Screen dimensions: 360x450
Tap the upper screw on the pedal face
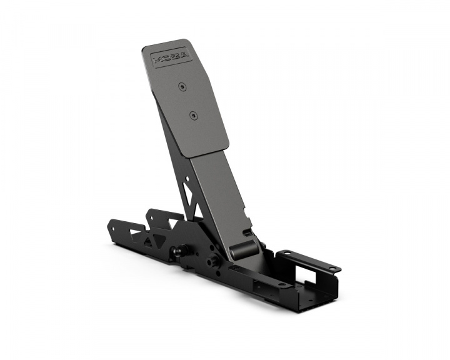[182, 87]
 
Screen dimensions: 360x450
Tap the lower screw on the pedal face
[193, 116]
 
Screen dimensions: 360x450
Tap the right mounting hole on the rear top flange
[337, 269]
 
